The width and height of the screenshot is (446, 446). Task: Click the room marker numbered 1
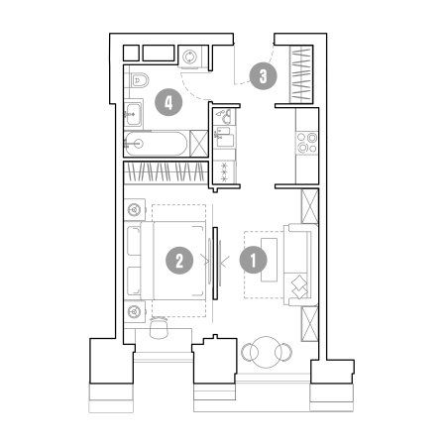tap(254, 260)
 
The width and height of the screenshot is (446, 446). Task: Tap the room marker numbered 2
tap(179, 260)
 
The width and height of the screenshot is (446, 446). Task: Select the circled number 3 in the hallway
tap(263, 76)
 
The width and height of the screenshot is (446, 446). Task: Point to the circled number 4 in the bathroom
tap(168, 102)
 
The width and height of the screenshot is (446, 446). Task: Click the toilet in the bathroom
tap(140, 80)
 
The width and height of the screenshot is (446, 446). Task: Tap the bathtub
tap(156, 144)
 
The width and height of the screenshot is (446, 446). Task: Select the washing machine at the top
tap(190, 56)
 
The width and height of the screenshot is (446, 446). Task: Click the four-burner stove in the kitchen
tap(307, 143)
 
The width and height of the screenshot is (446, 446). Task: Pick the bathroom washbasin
tap(134, 115)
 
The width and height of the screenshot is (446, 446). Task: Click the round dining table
tap(267, 352)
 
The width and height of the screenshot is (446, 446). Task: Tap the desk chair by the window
tap(158, 327)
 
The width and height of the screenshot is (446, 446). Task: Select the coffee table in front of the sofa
tap(269, 260)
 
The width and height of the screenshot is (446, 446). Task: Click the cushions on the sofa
tap(300, 286)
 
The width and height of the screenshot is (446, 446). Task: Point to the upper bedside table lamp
tap(134, 209)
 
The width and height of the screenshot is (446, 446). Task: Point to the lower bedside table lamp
tap(134, 311)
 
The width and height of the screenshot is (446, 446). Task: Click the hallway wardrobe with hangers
tap(301, 74)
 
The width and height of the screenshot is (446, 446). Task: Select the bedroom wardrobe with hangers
tap(166, 171)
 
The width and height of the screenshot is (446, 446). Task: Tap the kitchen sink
tap(224, 137)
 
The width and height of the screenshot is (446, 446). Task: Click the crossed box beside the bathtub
tap(199, 144)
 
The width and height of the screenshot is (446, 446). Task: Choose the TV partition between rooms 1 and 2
tap(215, 263)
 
